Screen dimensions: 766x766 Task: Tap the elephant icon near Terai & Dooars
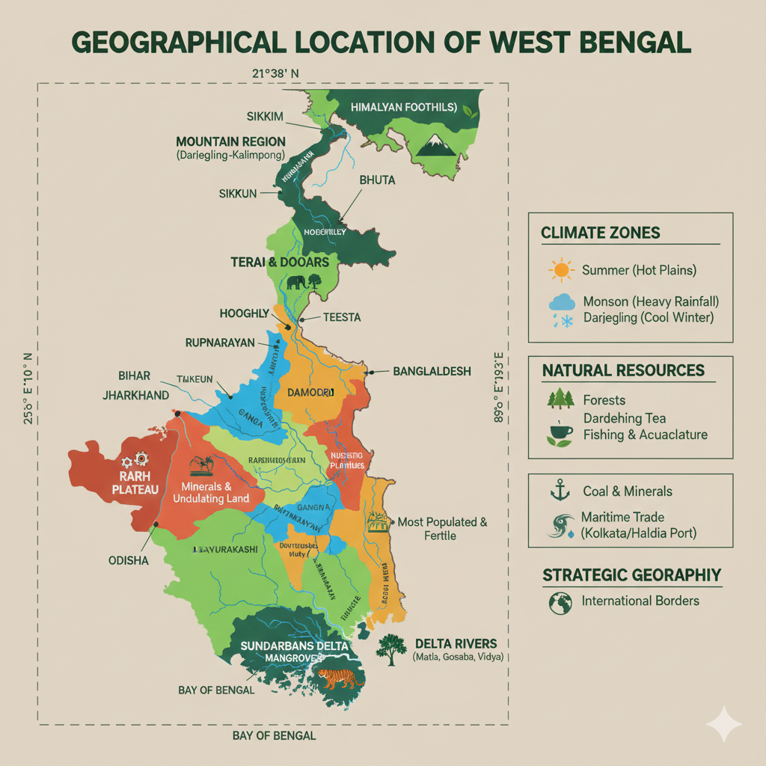[x=295, y=283]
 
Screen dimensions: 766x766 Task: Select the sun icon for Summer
[x=560, y=269]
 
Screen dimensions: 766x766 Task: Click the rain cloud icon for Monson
[x=561, y=303]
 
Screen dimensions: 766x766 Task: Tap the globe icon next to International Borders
[x=560, y=601]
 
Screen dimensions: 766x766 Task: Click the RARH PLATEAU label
[x=135, y=482]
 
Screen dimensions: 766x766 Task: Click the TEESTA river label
[x=341, y=317]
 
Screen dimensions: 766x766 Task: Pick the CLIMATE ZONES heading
[x=600, y=233]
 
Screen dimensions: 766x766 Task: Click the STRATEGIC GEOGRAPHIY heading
[x=631, y=574]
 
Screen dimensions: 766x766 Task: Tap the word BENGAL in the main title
[x=629, y=42]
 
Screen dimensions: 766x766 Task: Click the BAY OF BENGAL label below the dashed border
[x=274, y=735]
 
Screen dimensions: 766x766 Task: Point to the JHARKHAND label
[x=135, y=395]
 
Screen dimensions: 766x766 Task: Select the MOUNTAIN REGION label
[x=230, y=141]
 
